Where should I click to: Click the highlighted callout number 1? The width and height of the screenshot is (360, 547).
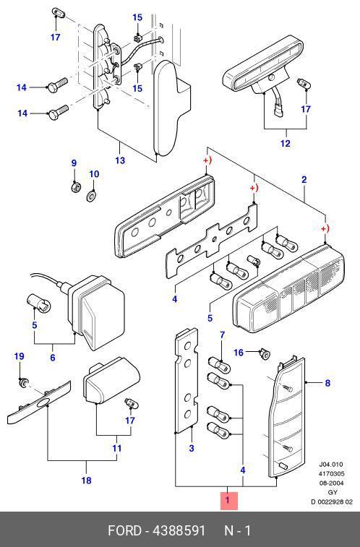[228, 500]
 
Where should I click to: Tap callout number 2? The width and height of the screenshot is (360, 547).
[304, 180]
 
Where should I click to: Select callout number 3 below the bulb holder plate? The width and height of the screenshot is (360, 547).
[191, 448]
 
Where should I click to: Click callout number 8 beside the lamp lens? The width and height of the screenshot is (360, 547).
[327, 383]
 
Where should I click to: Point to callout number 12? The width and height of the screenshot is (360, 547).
[285, 143]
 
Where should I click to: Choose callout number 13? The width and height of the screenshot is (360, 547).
[120, 160]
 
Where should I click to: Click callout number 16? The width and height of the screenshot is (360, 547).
[239, 353]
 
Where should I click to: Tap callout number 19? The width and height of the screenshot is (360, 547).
[20, 356]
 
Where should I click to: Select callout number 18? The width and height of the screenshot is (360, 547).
[86, 481]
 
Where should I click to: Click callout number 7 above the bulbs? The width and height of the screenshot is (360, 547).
[222, 335]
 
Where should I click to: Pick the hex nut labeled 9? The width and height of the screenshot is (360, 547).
[74, 188]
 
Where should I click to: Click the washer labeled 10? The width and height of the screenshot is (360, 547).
[91, 196]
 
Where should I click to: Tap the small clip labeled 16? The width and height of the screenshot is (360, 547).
[265, 355]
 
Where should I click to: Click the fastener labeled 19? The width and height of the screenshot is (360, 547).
[24, 383]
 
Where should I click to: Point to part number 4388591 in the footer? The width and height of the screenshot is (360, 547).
[179, 530]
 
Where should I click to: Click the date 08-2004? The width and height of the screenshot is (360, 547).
[331, 483]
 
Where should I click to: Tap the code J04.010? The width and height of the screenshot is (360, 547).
[331, 465]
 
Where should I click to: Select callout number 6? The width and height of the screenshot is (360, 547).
[52, 357]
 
